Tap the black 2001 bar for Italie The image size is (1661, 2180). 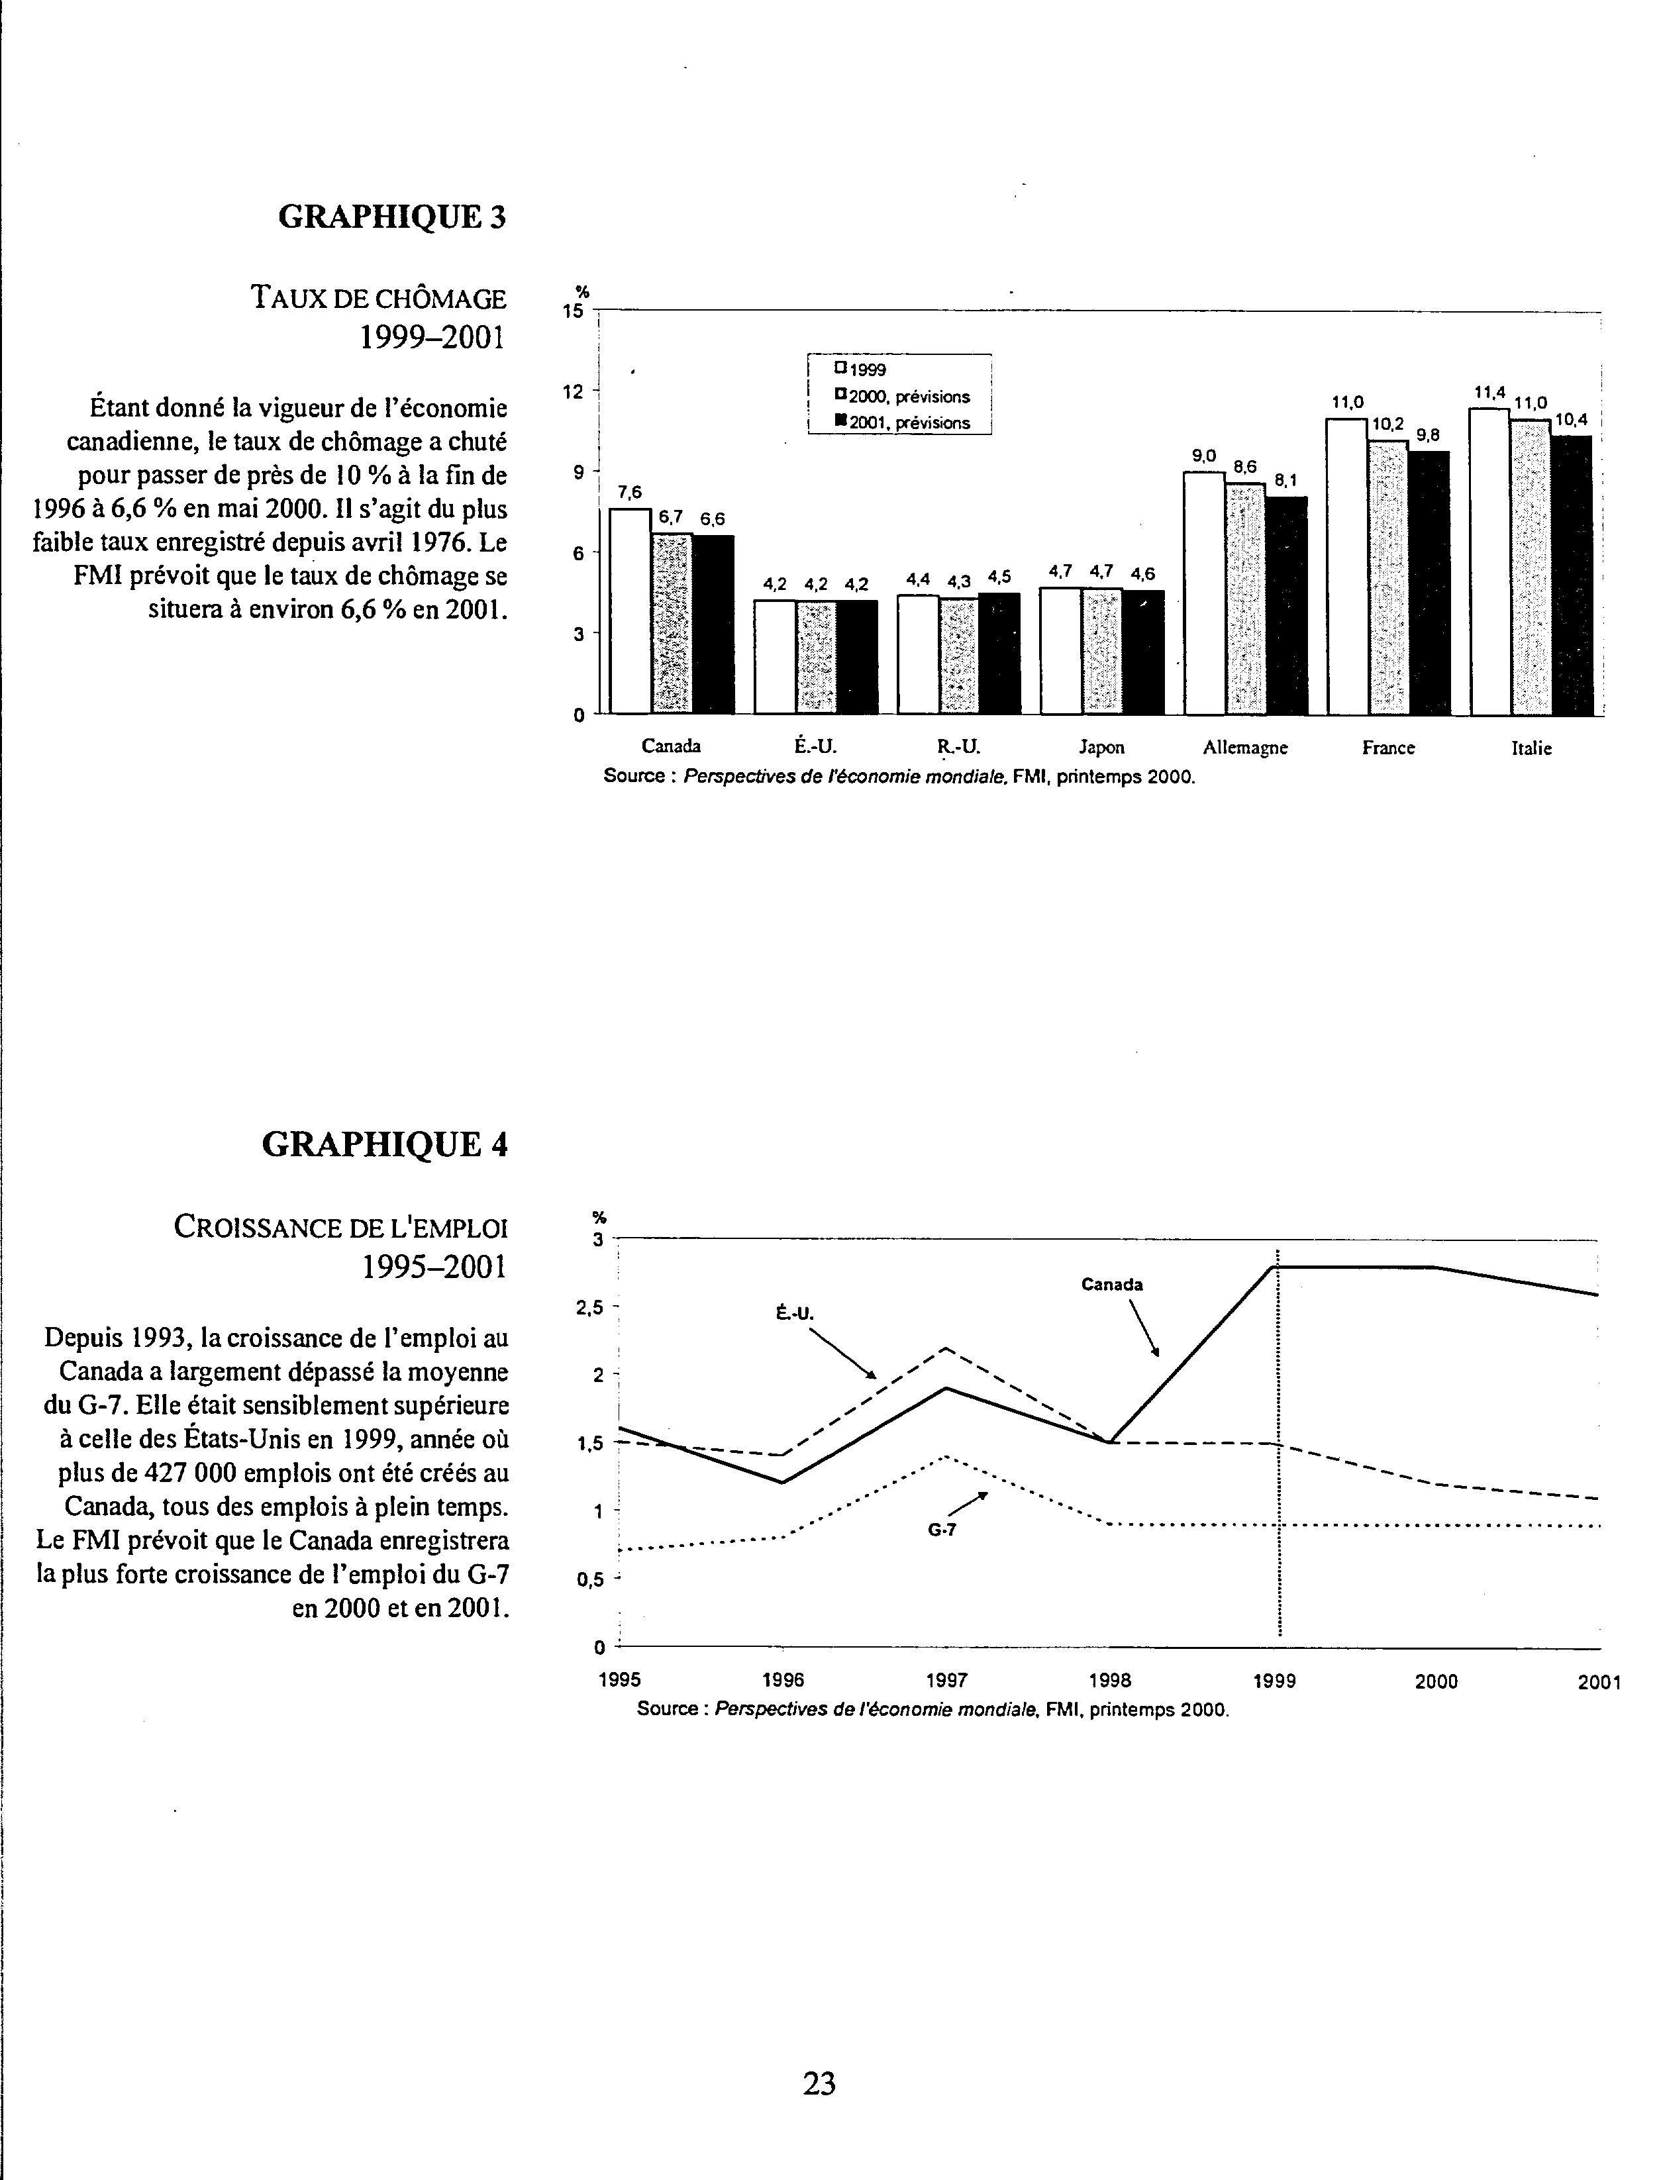tap(1571, 574)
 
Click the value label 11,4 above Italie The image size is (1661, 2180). tap(1489, 393)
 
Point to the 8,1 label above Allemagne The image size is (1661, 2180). tap(1285, 481)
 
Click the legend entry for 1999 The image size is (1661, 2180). tap(860, 370)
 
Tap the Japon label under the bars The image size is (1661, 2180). tap(1101, 748)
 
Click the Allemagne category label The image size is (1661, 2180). tap(1245, 748)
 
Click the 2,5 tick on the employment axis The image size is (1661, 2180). tap(589, 1307)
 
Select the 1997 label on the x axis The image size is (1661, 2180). tap(946, 1681)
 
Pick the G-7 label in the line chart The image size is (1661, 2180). tap(941, 1530)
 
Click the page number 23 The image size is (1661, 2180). tap(820, 2083)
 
